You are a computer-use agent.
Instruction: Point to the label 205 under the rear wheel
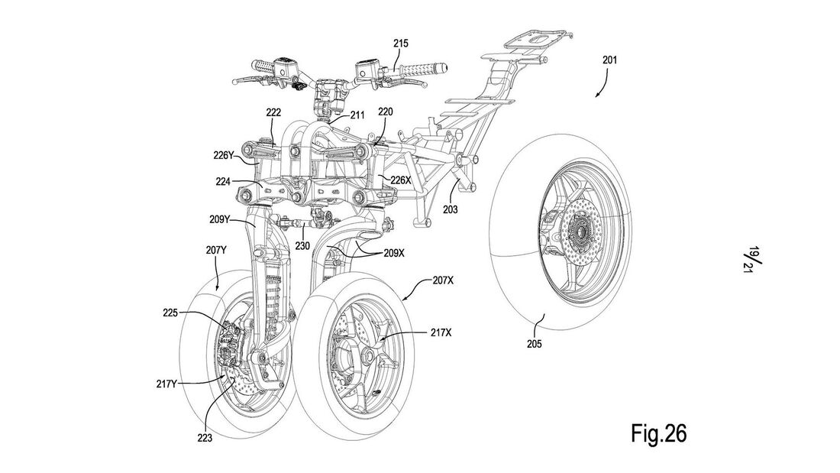coord(534,344)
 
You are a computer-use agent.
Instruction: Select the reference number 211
coord(357,115)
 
